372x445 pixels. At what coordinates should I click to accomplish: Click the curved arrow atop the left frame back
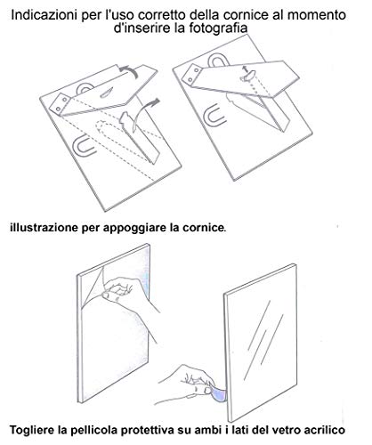(128, 70)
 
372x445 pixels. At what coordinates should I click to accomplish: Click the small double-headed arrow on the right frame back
(245, 69)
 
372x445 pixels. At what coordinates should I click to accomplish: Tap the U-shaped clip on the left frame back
(82, 147)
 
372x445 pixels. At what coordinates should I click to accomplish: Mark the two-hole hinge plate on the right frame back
(193, 74)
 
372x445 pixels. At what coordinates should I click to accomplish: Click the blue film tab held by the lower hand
(218, 394)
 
